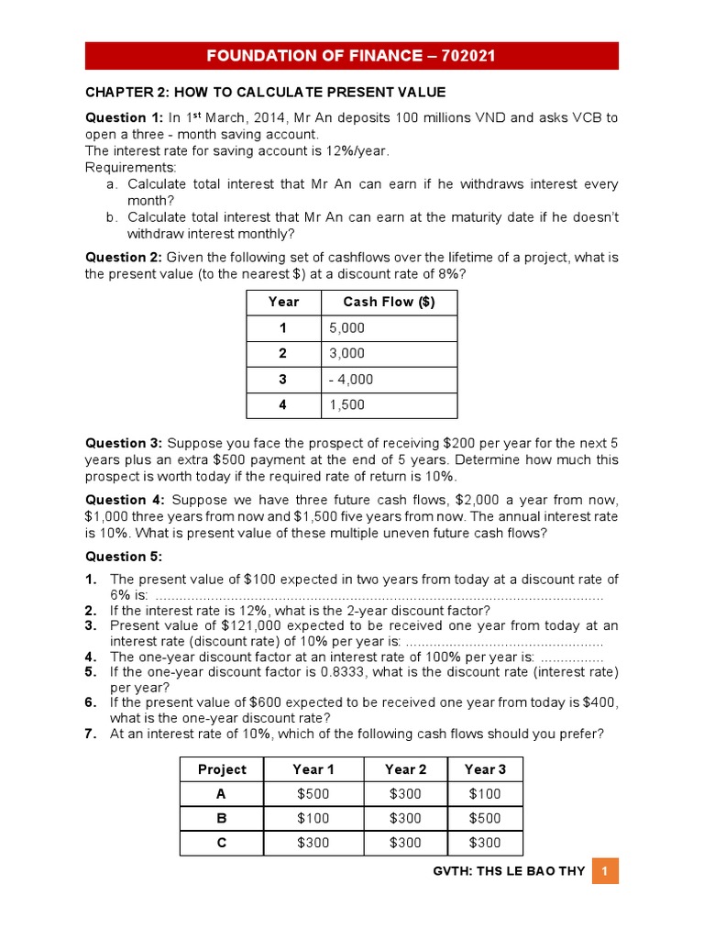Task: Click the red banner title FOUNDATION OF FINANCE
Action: pyautogui.click(x=351, y=56)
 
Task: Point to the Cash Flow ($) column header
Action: pyautogui.click(x=389, y=302)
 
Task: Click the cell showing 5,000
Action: pyautogui.click(x=346, y=327)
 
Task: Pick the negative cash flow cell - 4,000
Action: pyautogui.click(x=350, y=379)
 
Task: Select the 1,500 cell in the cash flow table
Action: pyautogui.click(x=346, y=404)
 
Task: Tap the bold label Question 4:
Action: pyautogui.click(x=123, y=500)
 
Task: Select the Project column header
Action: pyautogui.click(x=222, y=769)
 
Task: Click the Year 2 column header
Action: pyautogui.click(x=405, y=769)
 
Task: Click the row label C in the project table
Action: pyautogui.click(x=222, y=843)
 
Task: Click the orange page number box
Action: pyautogui.click(x=605, y=870)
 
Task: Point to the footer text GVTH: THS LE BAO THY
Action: pyautogui.click(x=508, y=871)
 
